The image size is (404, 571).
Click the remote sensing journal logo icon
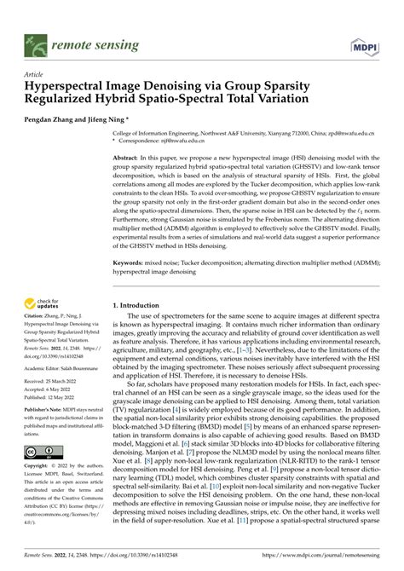click(x=37, y=40)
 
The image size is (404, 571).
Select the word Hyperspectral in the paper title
click(x=71, y=86)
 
